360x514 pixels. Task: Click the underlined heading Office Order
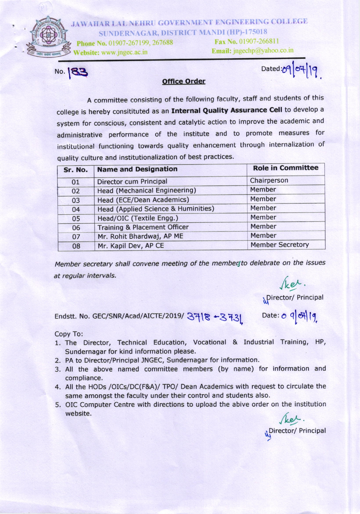(x=184, y=81)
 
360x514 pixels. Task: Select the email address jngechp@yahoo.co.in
(x=263, y=50)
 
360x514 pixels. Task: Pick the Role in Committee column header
(x=285, y=168)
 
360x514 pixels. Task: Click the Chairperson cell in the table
(x=269, y=180)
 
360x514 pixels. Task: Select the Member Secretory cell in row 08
(x=280, y=245)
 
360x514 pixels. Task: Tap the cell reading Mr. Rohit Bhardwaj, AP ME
(x=140, y=236)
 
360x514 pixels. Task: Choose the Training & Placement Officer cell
(x=143, y=227)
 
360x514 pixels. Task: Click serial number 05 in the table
(x=76, y=218)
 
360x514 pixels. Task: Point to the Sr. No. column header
(x=76, y=170)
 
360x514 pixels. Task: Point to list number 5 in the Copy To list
(x=58, y=405)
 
